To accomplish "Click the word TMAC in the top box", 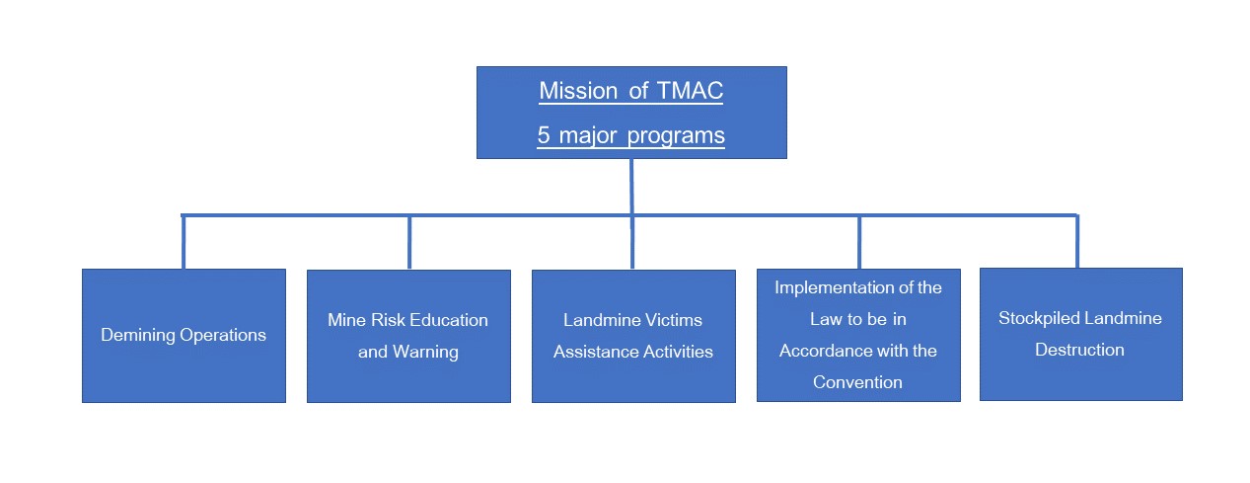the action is point(690,91).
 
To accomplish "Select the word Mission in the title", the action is point(578,91).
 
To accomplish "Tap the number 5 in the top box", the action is point(544,135).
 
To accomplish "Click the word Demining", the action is point(138,335).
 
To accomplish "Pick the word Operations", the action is point(223,336).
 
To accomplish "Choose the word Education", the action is point(450,320).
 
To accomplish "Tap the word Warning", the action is point(425,353).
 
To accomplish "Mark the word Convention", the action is point(857,382).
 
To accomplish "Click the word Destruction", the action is point(1079,350).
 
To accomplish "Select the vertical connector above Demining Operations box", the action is point(184,242).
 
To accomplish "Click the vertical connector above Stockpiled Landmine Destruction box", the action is point(1077,242).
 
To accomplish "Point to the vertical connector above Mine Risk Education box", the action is point(409,242).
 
